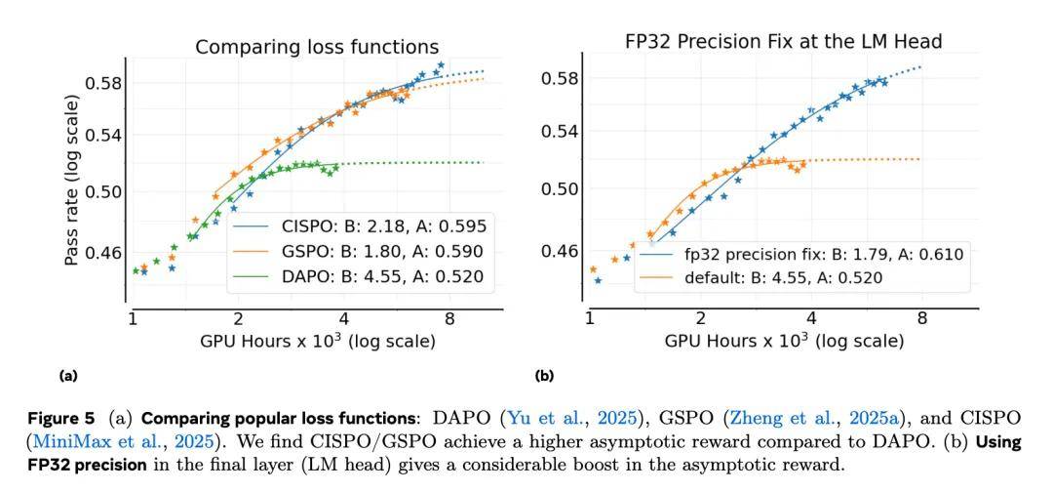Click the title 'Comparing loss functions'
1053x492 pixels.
[317, 47]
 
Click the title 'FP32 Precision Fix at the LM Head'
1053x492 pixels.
[783, 41]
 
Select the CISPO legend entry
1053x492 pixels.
[362, 226]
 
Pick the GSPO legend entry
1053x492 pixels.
[362, 252]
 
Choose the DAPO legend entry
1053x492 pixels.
[362, 277]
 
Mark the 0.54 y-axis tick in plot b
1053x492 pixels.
[562, 131]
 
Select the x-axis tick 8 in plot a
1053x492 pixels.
[450, 319]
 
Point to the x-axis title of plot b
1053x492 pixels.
[784, 342]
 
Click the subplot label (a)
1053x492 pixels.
[68, 375]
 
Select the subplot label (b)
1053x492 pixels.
[543, 375]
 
